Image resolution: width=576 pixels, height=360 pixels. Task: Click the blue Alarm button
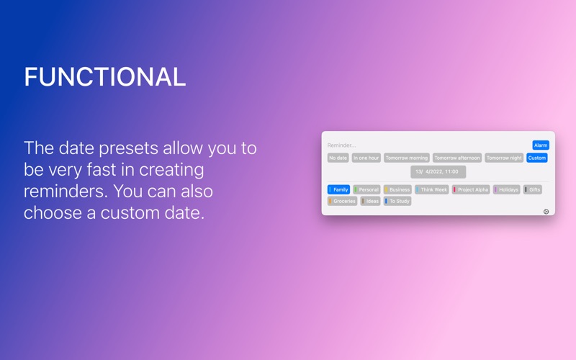tap(541, 145)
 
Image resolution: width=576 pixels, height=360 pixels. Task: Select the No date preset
tap(338, 158)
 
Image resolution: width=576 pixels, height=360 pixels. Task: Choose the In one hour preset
tap(366, 158)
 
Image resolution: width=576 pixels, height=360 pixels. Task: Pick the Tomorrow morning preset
tap(407, 158)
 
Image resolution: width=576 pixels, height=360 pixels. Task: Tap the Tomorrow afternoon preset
tap(457, 158)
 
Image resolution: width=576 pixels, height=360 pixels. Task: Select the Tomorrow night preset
tap(504, 158)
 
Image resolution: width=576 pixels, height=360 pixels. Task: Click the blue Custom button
tap(537, 158)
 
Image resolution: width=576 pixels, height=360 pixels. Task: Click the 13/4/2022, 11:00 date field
tap(438, 172)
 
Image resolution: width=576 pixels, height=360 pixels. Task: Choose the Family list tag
tap(338, 189)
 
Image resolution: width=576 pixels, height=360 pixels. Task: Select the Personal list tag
tap(366, 189)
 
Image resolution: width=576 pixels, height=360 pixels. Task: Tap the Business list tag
tap(397, 189)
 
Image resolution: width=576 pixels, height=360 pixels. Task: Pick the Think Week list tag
tap(431, 189)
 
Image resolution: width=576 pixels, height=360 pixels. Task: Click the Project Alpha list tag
tap(471, 189)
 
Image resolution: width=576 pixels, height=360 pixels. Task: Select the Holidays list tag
tap(507, 189)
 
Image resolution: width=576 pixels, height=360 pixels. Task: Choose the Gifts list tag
tap(533, 189)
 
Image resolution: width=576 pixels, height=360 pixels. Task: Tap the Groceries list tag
tap(343, 201)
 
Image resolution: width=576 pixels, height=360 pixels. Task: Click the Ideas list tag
tap(370, 201)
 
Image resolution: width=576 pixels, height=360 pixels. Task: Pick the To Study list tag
tap(397, 201)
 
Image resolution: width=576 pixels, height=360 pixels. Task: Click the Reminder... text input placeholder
tap(341, 145)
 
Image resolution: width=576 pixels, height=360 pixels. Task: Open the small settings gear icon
tap(546, 212)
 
